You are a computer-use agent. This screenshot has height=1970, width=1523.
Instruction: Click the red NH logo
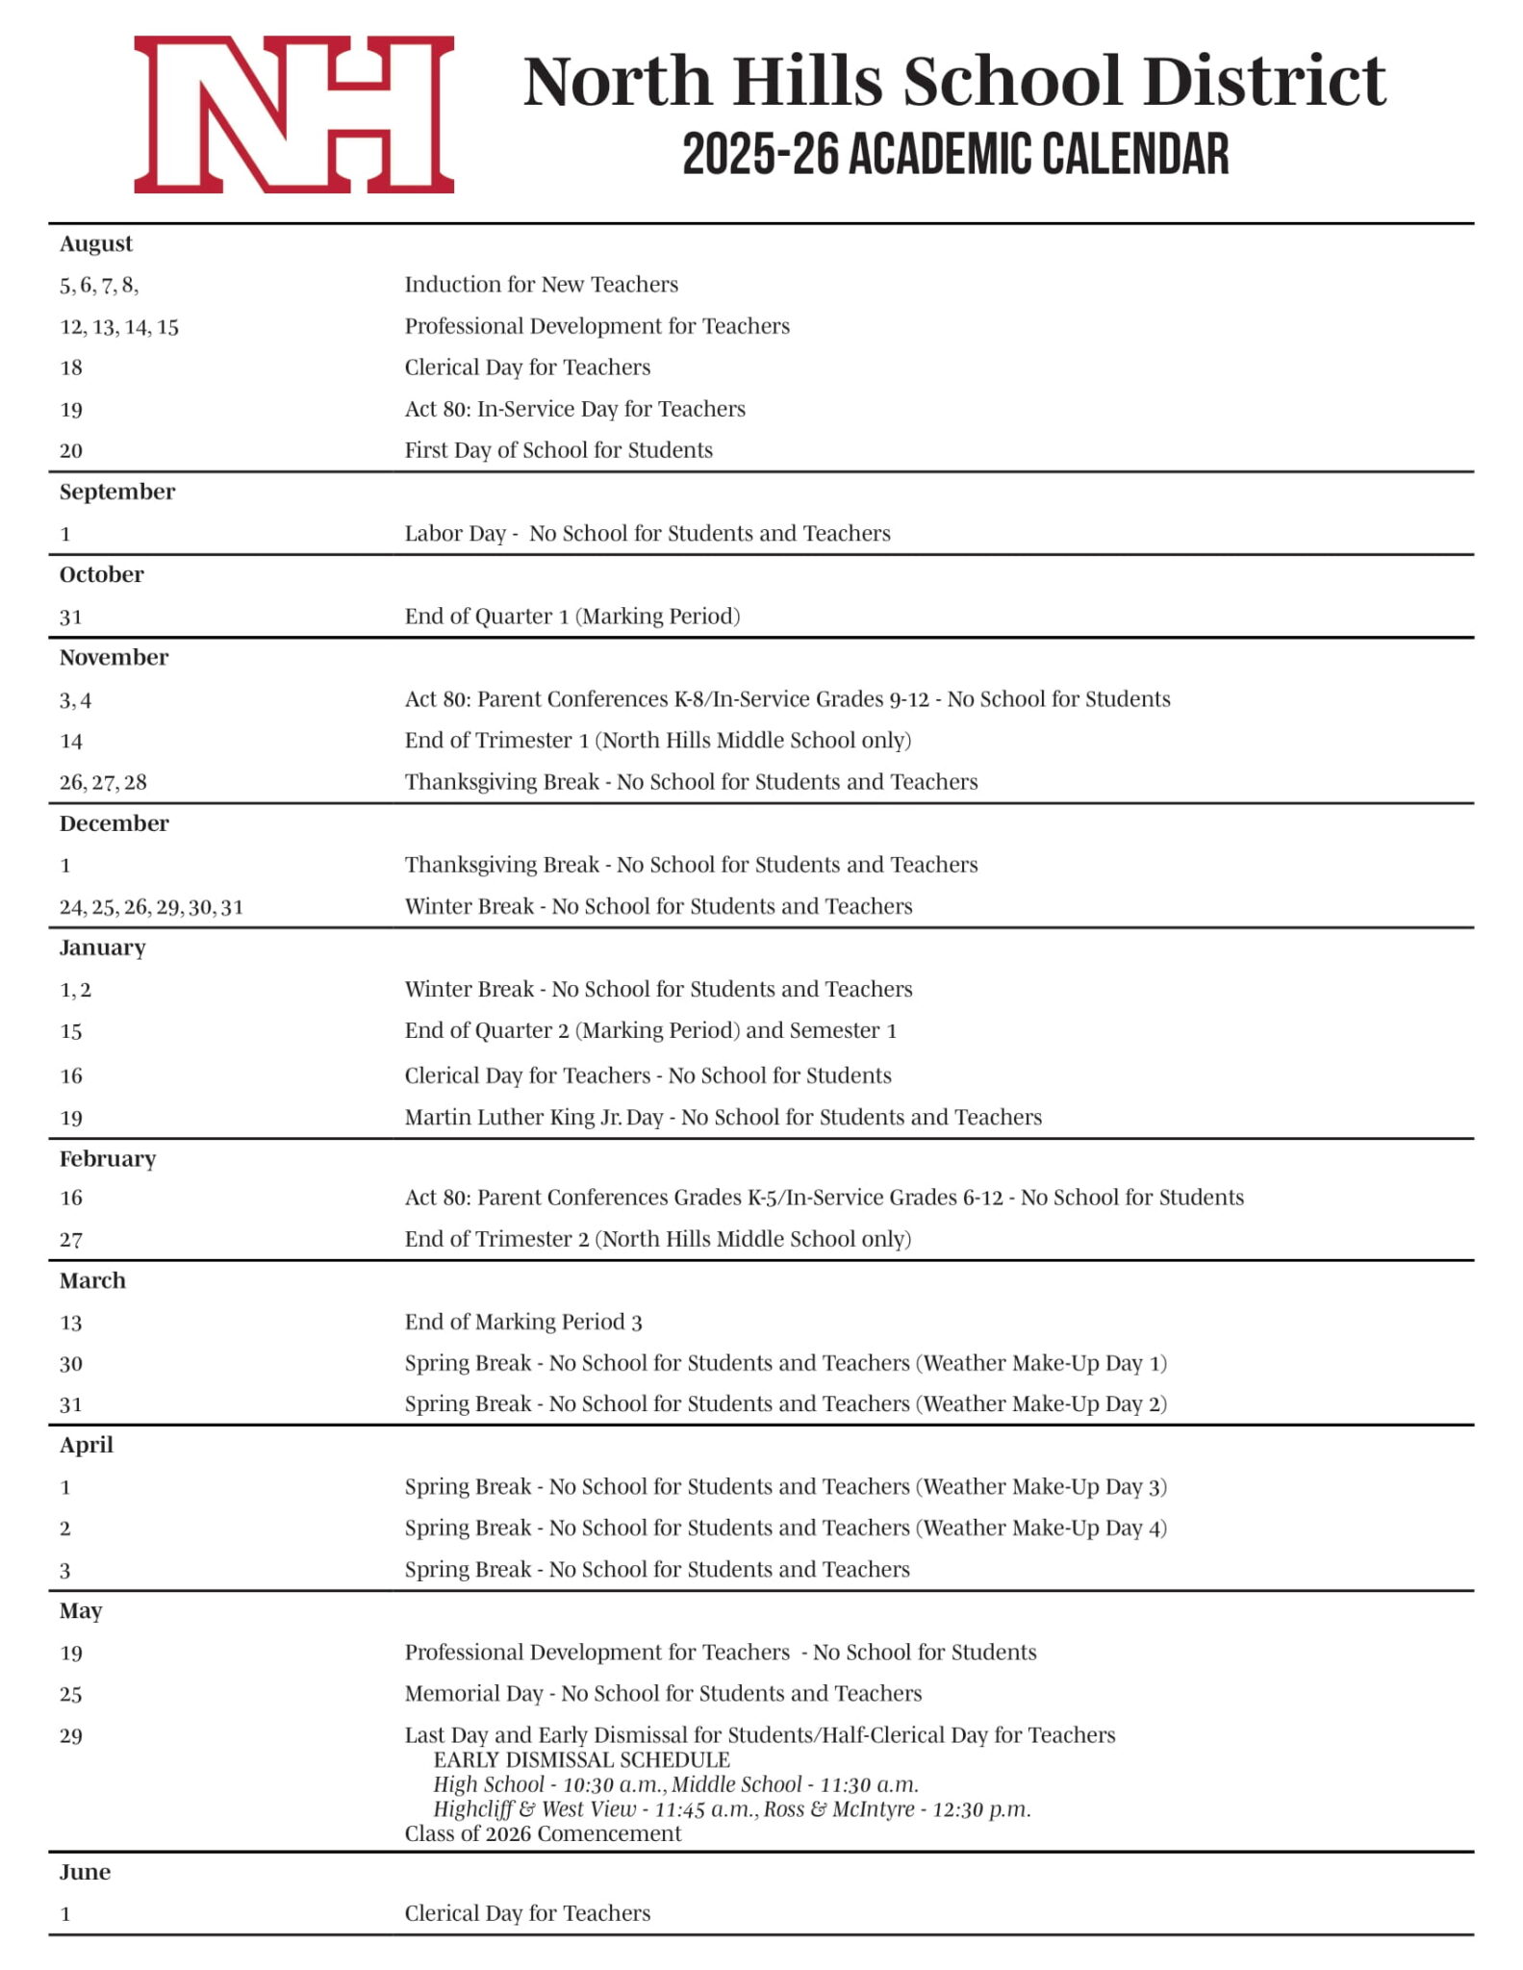(x=293, y=114)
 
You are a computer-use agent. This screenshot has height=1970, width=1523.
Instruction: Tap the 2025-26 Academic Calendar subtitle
(x=955, y=155)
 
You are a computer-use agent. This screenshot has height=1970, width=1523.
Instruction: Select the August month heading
(x=96, y=243)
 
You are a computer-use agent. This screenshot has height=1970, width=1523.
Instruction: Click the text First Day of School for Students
(x=558, y=450)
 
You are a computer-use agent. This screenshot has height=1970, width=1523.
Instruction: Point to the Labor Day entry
(x=647, y=533)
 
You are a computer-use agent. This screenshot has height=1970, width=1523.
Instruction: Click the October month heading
(x=101, y=574)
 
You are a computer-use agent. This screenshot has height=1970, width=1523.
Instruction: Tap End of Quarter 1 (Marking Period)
(x=571, y=616)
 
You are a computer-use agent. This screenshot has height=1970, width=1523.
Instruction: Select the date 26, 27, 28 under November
(x=103, y=782)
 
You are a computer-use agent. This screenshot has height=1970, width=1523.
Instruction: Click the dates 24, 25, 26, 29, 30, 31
(x=151, y=907)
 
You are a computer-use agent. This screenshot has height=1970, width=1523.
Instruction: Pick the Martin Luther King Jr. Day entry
(x=723, y=1117)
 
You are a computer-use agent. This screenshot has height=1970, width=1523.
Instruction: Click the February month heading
(x=108, y=1158)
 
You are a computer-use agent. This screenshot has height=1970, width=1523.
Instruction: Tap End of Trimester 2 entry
(x=657, y=1239)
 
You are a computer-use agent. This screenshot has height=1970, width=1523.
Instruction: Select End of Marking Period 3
(x=522, y=1322)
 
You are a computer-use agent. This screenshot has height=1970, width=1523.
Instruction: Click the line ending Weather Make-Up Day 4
(x=785, y=1528)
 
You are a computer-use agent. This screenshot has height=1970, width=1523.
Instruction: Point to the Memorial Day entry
(x=663, y=1693)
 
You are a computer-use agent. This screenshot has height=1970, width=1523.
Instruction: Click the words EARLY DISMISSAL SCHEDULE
(x=581, y=1759)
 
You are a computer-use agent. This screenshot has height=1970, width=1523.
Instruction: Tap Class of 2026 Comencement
(x=543, y=1833)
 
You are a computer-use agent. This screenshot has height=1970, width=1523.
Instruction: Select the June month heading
(x=85, y=1872)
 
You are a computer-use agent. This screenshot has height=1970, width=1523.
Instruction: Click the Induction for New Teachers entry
(x=541, y=285)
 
